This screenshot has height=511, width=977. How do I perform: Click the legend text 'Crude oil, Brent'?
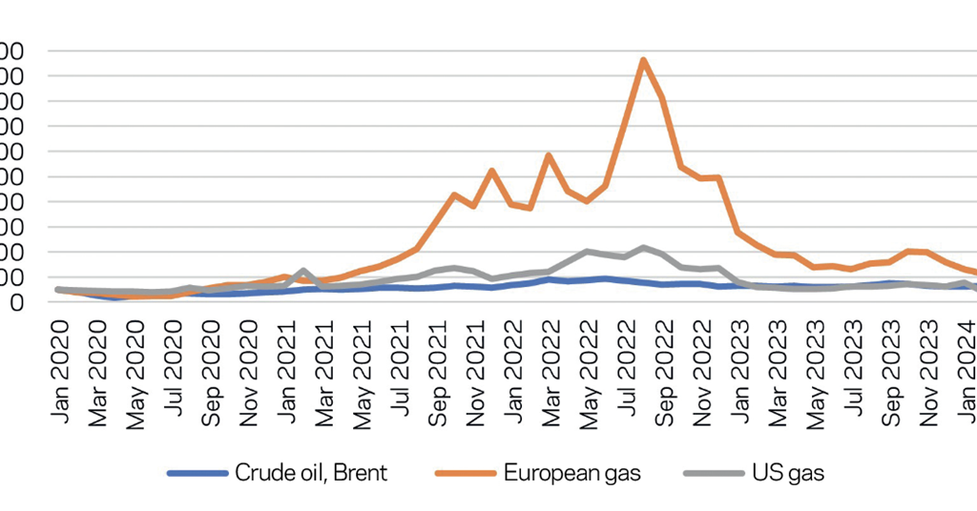311,473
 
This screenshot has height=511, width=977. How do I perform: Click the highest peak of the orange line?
644,60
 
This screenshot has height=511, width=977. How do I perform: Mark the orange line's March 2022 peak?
549,154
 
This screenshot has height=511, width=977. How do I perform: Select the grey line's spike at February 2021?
303,271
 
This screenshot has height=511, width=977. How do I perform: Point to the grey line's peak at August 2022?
644,248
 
